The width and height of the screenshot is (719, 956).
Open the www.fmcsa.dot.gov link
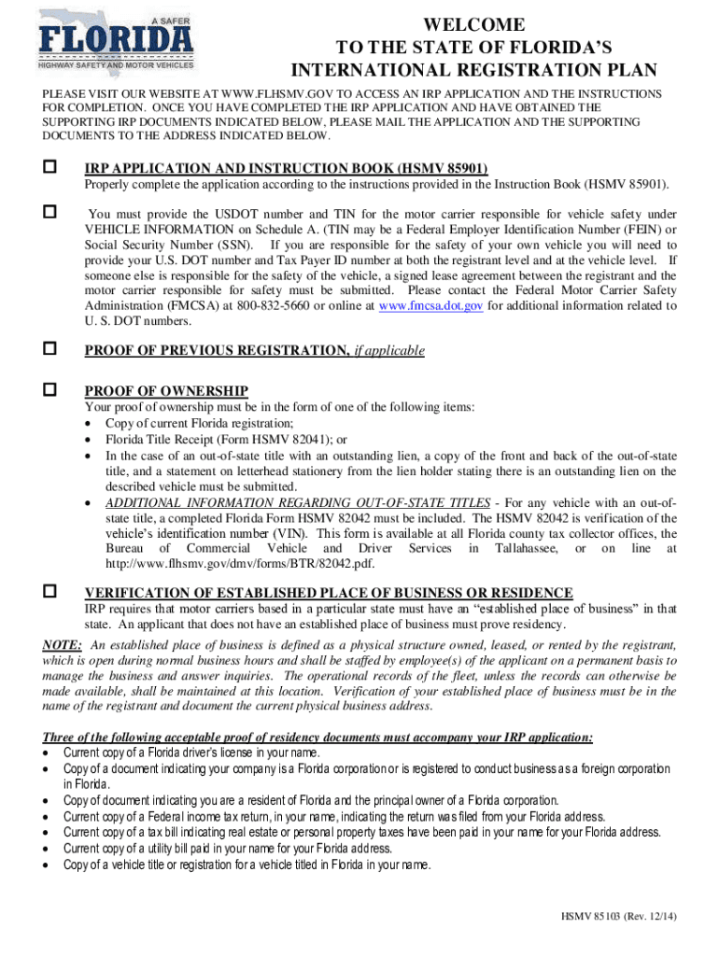pyautogui.click(x=430, y=306)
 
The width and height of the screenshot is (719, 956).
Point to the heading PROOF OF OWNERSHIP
pyautogui.click(x=166, y=390)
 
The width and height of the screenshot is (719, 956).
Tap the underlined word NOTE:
pyautogui.click(x=63, y=645)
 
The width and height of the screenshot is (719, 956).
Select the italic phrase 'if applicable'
pyautogui.click(x=389, y=350)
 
